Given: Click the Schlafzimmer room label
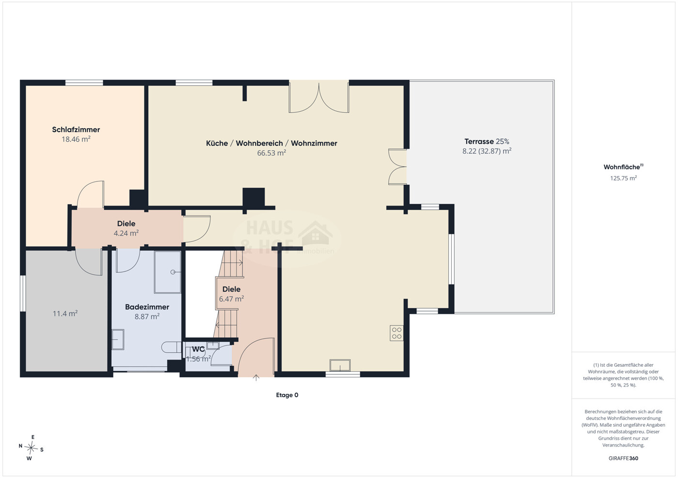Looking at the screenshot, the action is [x=76, y=130].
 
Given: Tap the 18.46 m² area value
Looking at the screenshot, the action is [x=76, y=139].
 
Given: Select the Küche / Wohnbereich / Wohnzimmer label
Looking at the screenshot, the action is [x=271, y=143].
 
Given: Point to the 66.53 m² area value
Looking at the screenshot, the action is [x=271, y=153].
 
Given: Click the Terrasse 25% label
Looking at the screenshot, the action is [x=487, y=141].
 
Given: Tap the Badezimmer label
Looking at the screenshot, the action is [x=147, y=307].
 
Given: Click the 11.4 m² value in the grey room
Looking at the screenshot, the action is [x=65, y=314].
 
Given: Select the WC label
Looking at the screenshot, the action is [x=198, y=349].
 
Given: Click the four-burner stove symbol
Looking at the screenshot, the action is [x=396, y=333].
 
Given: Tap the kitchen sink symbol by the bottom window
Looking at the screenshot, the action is [x=340, y=365].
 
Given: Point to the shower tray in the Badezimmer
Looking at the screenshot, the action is [x=168, y=272].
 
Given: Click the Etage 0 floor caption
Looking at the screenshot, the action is [x=287, y=395].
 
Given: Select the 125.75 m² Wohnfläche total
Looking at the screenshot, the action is [x=623, y=178].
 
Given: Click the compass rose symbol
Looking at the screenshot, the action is [x=31, y=448].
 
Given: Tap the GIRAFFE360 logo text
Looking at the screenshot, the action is [x=623, y=458].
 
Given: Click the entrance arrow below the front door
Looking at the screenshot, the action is [x=256, y=378].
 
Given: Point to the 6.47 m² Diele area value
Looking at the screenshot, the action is [x=232, y=299].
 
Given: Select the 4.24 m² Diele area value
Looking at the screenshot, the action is [x=126, y=233].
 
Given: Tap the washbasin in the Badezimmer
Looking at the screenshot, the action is [x=118, y=339].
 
